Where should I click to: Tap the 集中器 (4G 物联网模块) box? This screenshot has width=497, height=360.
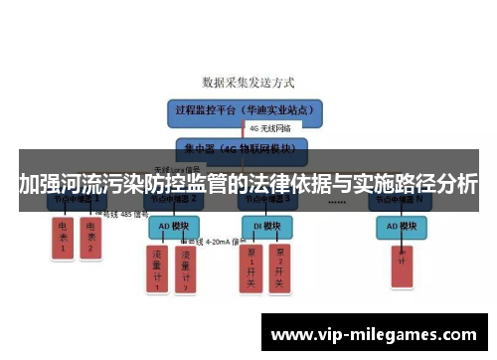pos(240,150)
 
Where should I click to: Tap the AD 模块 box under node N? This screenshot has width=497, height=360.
pos(406,226)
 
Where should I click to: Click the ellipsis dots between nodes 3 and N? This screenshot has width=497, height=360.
pos(336,201)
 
